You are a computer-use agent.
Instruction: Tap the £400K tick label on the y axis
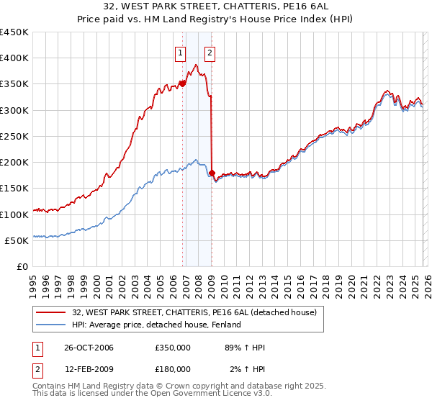tap(14, 58)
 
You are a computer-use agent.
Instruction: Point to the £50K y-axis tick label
tap(16, 240)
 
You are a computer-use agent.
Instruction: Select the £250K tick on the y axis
tap(14, 136)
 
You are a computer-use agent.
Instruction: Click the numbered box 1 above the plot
tap(179, 52)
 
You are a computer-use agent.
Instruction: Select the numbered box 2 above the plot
tap(210, 52)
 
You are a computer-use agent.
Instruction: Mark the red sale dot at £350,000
tap(183, 83)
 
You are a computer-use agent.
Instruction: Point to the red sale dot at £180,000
tap(212, 173)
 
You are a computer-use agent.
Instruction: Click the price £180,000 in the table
tap(172, 368)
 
